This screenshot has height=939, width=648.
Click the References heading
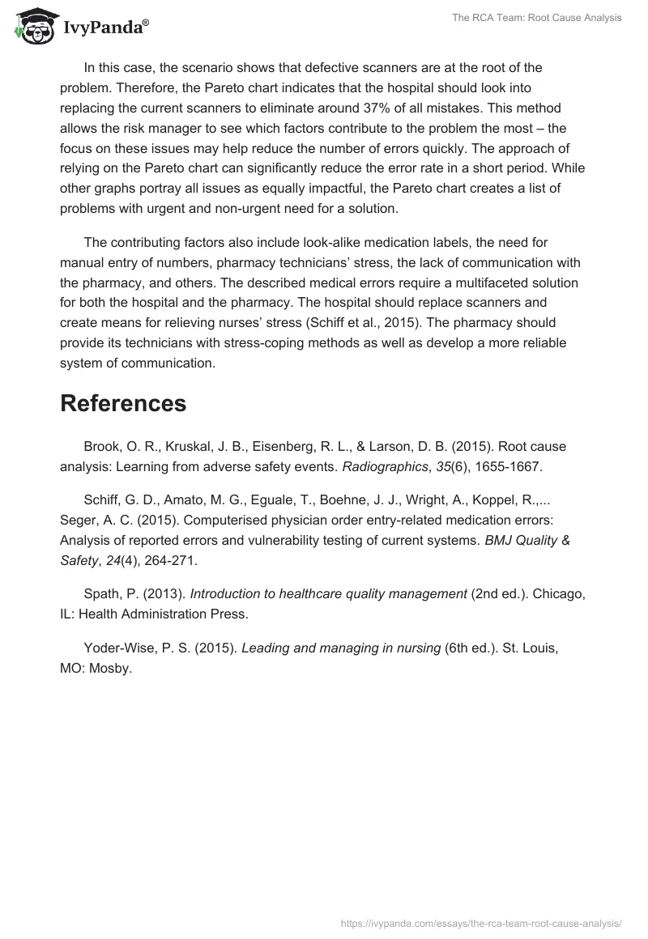pos(123,403)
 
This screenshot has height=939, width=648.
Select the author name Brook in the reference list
pos(102,446)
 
